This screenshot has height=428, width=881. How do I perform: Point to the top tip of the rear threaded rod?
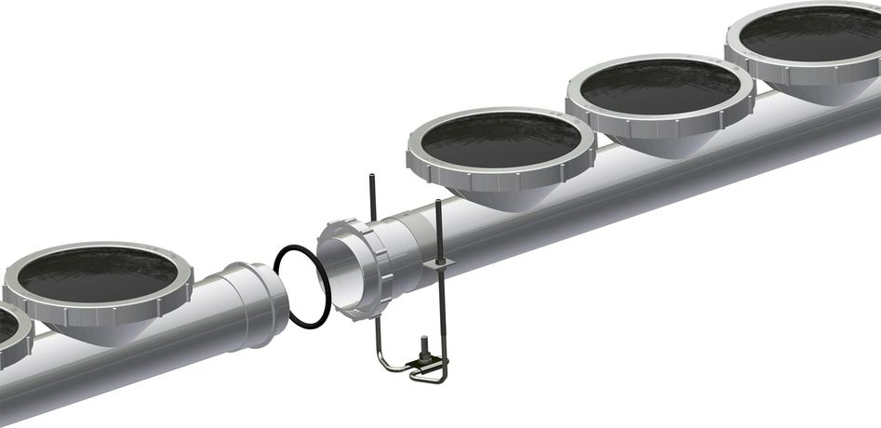click(x=372, y=177)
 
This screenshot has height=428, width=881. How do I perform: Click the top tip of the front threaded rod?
click(x=437, y=202)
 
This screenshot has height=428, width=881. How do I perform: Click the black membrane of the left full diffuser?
click(x=98, y=274)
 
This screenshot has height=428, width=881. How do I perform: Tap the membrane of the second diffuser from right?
click(x=660, y=86)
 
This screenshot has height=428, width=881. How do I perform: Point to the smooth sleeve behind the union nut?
click(x=409, y=251)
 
